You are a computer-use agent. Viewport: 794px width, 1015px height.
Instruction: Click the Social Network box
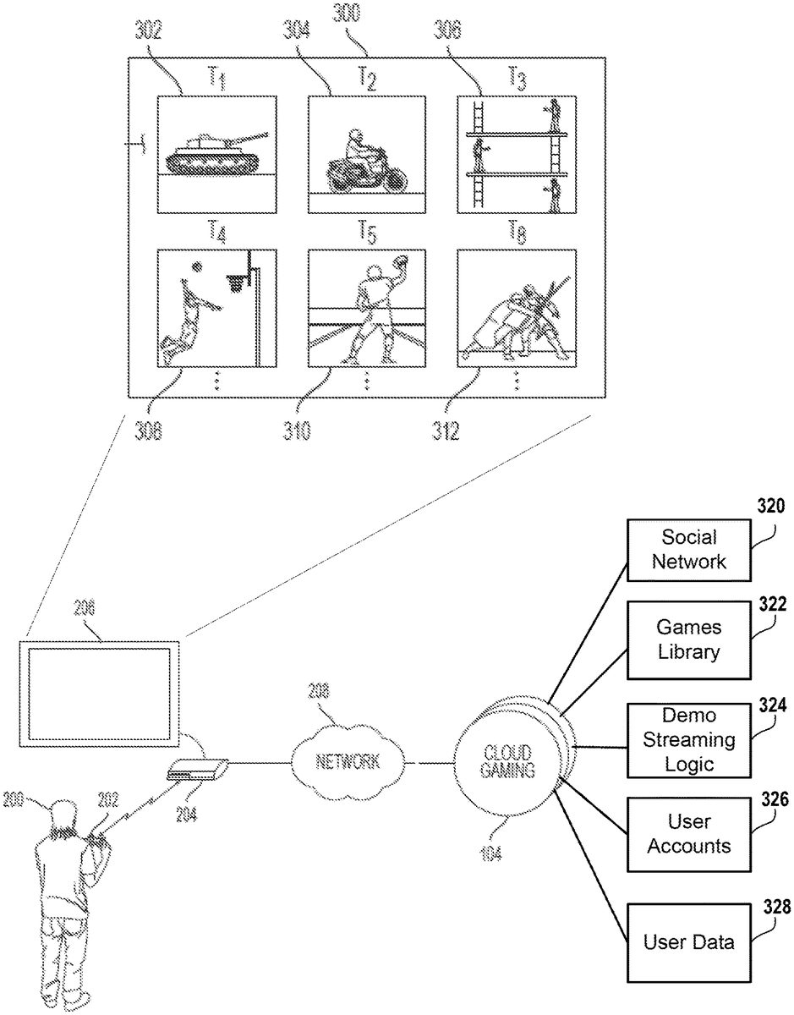click(688, 549)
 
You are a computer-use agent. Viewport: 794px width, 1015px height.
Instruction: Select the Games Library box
click(688, 639)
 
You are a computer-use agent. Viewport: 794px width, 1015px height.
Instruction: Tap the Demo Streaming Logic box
click(688, 740)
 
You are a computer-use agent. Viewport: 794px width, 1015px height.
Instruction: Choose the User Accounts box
click(688, 833)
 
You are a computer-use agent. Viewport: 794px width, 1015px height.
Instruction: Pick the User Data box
click(688, 942)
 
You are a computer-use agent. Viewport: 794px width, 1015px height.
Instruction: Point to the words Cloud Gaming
click(507, 760)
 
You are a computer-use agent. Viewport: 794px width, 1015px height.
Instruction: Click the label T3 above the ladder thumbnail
click(517, 79)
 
